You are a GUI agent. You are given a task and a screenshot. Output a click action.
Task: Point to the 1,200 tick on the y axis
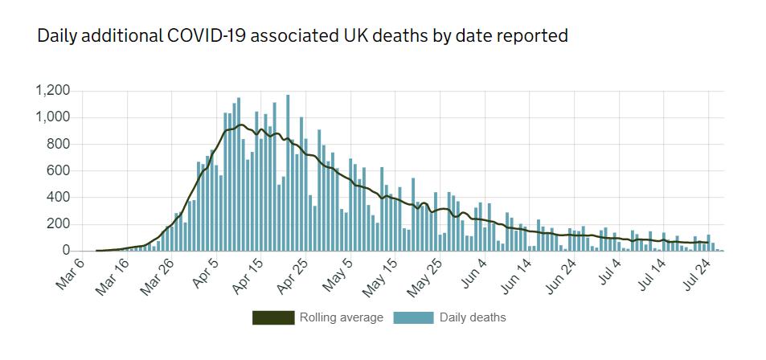(x=53, y=91)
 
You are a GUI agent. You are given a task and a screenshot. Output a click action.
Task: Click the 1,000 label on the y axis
(x=53, y=117)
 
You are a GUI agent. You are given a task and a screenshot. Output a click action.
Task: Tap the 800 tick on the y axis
(x=59, y=145)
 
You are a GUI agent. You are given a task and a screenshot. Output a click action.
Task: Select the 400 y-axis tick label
(x=59, y=198)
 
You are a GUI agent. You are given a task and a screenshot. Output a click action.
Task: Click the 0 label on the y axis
(x=67, y=251)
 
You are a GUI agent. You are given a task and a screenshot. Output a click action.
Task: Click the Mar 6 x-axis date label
(x=70, y=273)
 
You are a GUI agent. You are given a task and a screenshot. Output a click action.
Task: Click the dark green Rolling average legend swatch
(x=272, y=317)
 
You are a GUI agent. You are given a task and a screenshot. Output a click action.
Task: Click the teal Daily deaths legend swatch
(x=412, y=317)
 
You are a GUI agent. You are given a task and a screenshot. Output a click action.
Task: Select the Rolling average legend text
(x=342, y=317)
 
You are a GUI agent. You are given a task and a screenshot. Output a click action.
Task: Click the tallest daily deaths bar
(x=288, y=173)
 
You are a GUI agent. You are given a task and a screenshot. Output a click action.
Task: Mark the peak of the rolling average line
(x=240, y=125)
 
